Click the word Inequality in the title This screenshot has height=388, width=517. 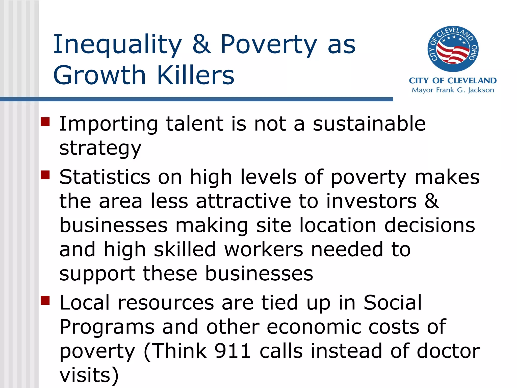point(117,45)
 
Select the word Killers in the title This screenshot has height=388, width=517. point(196,75)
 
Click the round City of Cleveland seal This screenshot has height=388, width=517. point(453,49)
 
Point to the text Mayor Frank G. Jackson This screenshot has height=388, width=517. point(453,90)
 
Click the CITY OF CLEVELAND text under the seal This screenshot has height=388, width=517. point(453,81)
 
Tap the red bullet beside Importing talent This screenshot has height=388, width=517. point(45,122)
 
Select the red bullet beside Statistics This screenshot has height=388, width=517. point(45,175)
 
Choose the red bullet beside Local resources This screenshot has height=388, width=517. point(45,301)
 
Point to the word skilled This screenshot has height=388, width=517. point(185,249)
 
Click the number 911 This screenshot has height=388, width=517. point(232,351)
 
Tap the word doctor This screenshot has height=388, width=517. point(448,351)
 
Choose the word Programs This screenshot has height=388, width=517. point(107,327)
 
